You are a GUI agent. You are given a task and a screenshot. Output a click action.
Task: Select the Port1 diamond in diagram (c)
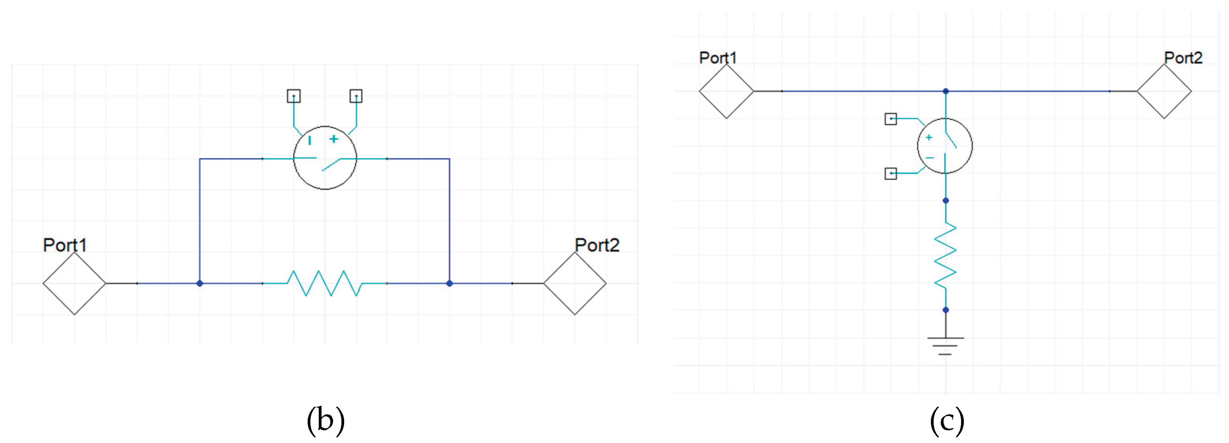pyautogui.click(x=726, y=91)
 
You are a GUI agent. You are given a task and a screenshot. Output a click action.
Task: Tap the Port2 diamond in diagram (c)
pyautogui.click(x=1164, y=91)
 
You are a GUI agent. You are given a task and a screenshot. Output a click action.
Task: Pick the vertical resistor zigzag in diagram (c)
pyautogui.click(x=945, y=255)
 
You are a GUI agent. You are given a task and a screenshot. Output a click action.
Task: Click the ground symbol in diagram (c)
pyautogui.click(x=945, y=346)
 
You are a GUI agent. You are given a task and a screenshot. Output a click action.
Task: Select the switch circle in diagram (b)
pyautogui.click(x=324, y=158)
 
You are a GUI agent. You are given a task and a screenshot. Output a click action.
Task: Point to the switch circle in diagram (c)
pyautogui.click(x=945, y=145)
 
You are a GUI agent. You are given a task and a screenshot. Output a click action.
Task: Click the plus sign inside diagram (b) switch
pyautogui.click(x=333, y=139)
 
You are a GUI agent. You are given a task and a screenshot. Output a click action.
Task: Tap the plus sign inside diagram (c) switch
pyautogui.click(x=929, y=137)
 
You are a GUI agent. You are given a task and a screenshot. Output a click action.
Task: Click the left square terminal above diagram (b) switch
pyautogui.click(x=293, y=96)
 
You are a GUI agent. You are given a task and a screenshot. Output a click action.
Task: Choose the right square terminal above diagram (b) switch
pyautogui.click(x=356, y=96)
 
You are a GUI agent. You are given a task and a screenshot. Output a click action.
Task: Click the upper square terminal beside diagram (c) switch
pyautogui.click(x=890, y=118)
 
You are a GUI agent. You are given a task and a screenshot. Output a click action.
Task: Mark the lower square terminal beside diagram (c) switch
pyautogui.click(x=890, y=173)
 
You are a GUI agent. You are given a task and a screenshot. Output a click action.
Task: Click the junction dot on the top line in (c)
pyautogui.click(x=946, y=91)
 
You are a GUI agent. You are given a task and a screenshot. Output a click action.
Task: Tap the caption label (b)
pyautogui.click(x=326, y=420)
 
